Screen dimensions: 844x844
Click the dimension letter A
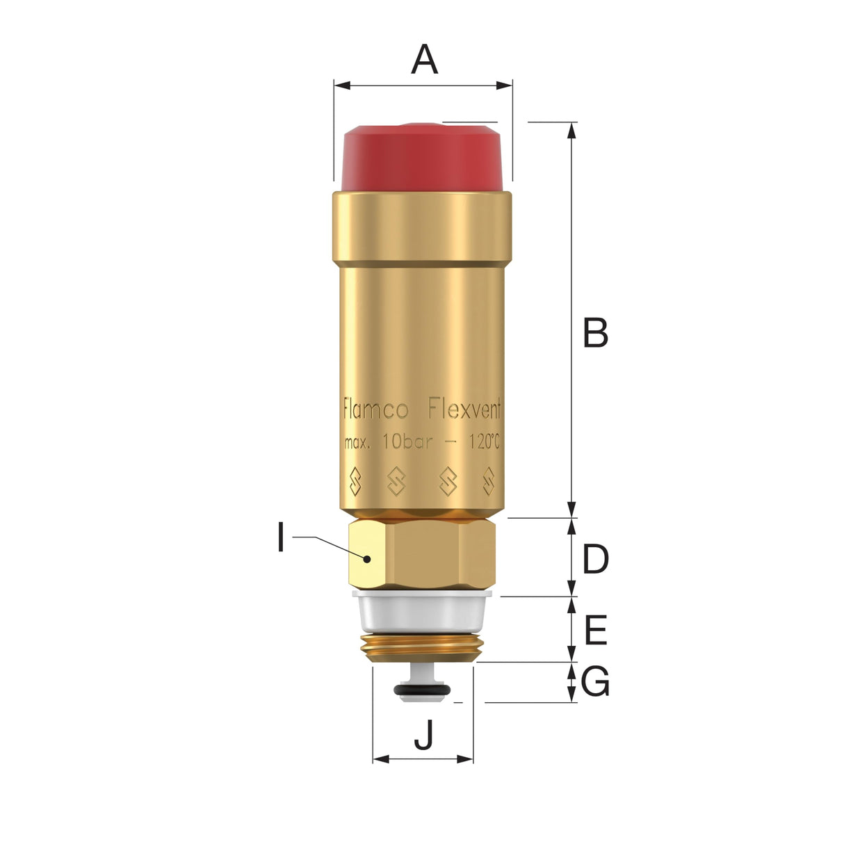click(x=424, y=60)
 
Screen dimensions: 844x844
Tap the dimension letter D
click(x=595, y=560)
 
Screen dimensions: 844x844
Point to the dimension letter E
click(x=596, y=631)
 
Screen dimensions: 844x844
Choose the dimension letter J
click(x=423, y=735)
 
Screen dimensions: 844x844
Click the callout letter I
click(x=281, y=538)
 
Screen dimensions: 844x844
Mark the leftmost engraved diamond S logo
click(x=355, y=481)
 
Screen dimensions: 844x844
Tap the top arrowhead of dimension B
click(x=572, y=129)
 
